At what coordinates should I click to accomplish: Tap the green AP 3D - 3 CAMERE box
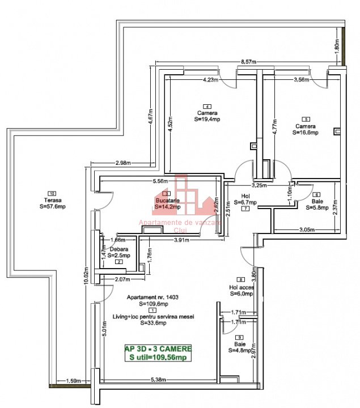[x=158, y=352]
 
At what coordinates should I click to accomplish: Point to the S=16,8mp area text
[x=306, y=133]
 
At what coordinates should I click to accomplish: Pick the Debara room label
[x=119, y=249]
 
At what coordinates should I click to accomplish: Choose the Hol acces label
[x=242, y=287]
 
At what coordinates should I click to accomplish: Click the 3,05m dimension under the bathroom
[x=308, y=229]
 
